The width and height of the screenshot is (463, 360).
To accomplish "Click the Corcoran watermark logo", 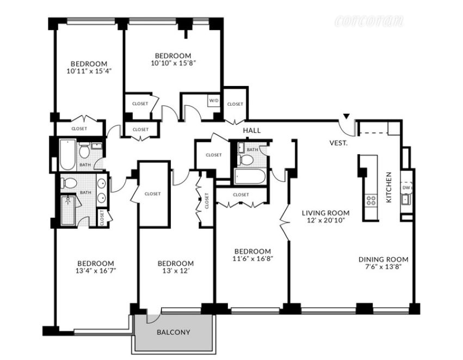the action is click(x=369, y=21).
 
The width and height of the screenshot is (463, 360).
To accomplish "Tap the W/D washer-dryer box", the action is click(x=214, y=101).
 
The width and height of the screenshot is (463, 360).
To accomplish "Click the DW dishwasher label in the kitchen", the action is click(x=406, y=188).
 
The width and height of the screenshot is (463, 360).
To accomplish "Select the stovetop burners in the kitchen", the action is click(x=371, y=200).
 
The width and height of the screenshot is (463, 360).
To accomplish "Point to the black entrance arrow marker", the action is click(x=347, y=116).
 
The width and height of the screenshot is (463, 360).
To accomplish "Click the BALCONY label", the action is click(x=174, y=332).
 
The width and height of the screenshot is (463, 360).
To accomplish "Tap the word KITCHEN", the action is click(x=389, y=187).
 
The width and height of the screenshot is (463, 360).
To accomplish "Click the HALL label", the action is click(x=252, y=130).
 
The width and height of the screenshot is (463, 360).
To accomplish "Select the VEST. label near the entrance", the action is click(x=339, y=143).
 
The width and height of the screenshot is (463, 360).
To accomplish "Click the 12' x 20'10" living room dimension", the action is click(x=325, y=220).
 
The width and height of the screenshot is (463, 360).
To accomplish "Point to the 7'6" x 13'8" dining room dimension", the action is click(x=383, y=267).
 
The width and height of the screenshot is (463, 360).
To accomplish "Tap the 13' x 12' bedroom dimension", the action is click(x=176, y=271).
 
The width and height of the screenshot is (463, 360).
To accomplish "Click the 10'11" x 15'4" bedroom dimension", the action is click(x=89, y=71).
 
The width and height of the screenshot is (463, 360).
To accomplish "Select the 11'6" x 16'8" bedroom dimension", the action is click(x=252, y=259).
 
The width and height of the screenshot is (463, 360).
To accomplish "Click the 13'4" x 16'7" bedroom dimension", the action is click(x=96, y=271).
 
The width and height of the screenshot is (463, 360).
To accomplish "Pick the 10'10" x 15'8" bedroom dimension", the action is click(x=174, y=63).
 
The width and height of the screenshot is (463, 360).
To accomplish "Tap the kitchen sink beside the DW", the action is click(x=405, y=199).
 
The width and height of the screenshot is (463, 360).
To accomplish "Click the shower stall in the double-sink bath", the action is click(x=68, y=210).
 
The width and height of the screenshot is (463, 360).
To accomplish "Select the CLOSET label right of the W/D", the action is click(x=235, y=104).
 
